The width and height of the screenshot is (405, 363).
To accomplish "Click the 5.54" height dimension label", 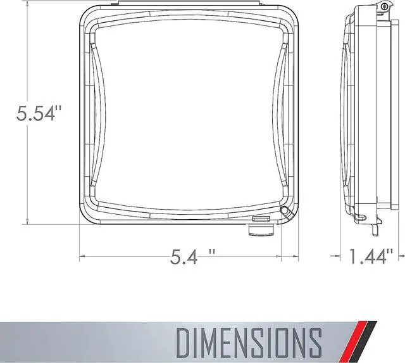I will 39,114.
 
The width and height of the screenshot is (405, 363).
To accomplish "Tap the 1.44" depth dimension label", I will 371,256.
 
